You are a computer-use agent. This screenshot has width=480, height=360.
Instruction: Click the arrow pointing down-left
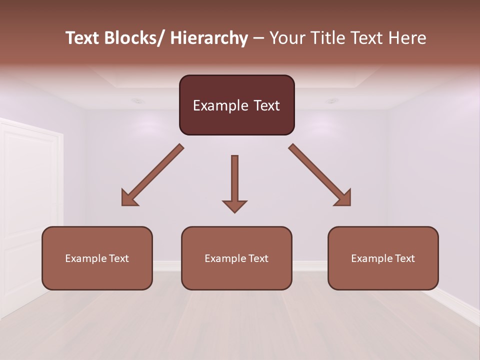153,174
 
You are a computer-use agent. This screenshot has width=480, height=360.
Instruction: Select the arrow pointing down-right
320,174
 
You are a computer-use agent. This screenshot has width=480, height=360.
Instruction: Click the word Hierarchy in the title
209,38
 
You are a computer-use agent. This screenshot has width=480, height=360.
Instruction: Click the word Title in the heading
327,38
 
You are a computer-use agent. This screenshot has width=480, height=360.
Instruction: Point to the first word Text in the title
82,38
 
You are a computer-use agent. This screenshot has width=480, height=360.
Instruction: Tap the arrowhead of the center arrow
234,206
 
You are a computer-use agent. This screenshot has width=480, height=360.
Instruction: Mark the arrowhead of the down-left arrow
128,198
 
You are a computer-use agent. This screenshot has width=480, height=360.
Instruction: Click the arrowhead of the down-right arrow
344,198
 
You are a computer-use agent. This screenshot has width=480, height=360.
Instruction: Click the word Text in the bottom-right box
404,258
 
